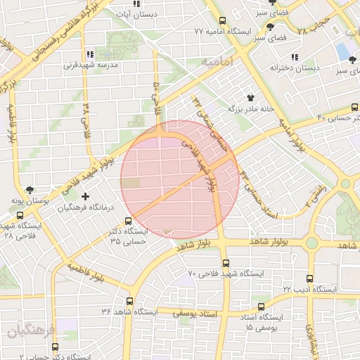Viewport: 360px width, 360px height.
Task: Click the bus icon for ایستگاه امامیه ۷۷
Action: click(223, 21)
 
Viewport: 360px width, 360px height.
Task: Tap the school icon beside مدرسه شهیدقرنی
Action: click(89, 54)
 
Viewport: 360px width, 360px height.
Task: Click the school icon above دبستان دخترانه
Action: click(294, 57)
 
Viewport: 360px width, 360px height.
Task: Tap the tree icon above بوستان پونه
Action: click(30, 190)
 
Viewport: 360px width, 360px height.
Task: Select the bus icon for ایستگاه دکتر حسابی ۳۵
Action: click(128, 221)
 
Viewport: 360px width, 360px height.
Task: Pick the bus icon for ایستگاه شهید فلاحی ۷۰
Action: click(226, 263)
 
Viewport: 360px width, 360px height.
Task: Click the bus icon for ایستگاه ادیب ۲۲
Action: click(310, 278)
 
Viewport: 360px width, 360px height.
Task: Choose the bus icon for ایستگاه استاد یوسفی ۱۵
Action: click(261, 307)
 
